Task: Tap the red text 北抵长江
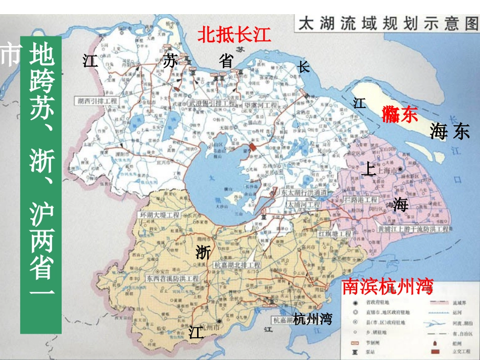tap(234, 35)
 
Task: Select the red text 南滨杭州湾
tap(388, 286)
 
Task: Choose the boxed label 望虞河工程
tap(261, 105)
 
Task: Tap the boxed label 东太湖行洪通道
tap(301, 193)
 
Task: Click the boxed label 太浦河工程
tap(303, 205)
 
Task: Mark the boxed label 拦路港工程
tap(360, 200)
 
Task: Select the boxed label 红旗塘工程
tap(334, 234)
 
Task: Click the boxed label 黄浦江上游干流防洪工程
tap(413, 229)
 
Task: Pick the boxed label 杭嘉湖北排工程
tap(237, 265)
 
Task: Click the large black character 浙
tap(203, 251)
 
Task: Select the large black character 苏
tap(170, 61)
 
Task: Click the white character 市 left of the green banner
tap(10, 56)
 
